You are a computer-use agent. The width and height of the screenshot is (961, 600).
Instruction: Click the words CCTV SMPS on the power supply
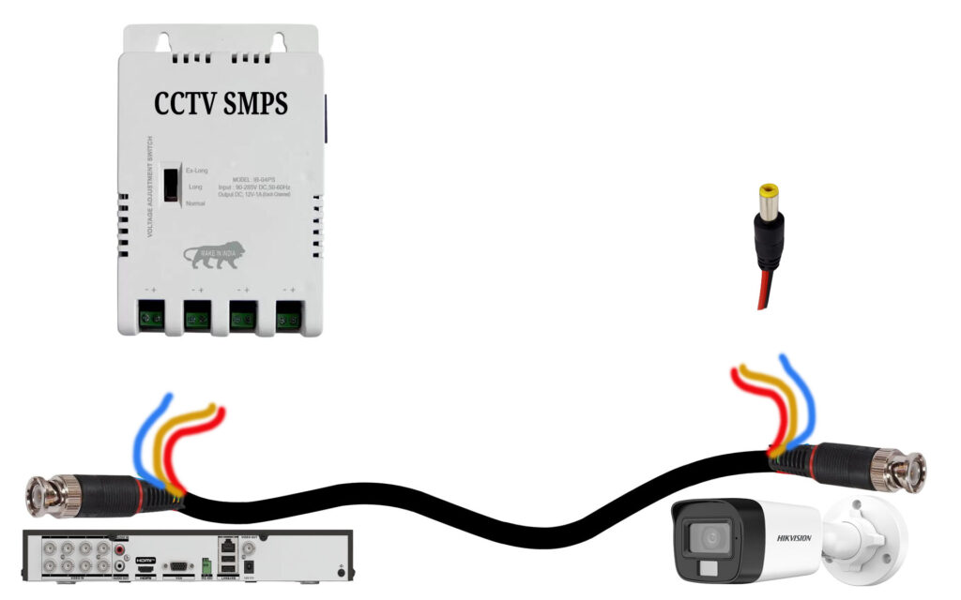(x=221, y=104)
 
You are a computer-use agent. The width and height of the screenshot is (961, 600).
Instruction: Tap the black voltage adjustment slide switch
(x=172, y=184)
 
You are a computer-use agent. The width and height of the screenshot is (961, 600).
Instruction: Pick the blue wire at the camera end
(x=802, y=394)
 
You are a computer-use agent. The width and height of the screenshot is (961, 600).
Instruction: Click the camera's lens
(x=707, y=539)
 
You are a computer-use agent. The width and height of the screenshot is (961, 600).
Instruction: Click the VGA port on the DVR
(x=175, y=566)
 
